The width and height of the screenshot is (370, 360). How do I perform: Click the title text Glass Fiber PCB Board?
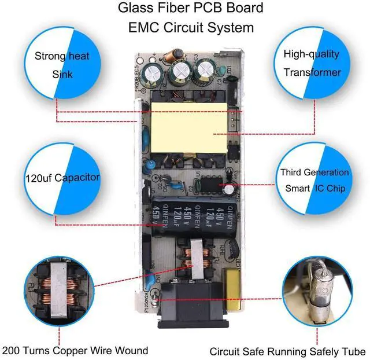(183, 8)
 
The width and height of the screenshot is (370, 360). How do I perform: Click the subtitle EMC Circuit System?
(183, 27)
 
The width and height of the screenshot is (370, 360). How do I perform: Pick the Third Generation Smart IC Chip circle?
(314, 180)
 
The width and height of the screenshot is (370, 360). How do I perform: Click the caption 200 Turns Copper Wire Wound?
(75, 350)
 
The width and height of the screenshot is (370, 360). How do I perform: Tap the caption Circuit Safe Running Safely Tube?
(287, 351)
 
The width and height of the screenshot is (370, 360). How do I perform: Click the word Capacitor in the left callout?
(78, 177)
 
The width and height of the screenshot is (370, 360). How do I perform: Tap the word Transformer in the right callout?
(313, 72)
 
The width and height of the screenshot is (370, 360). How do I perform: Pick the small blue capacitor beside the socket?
(152, 278)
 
